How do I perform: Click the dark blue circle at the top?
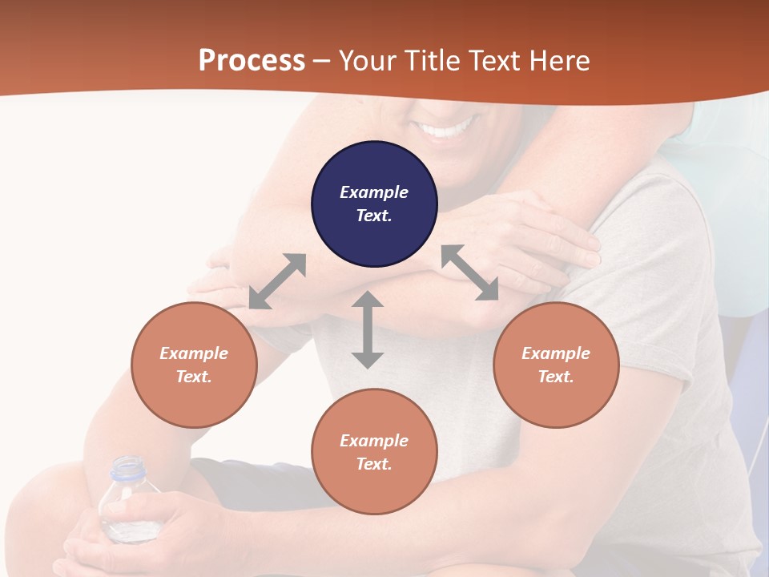pyautogui.click(x=374, y=204)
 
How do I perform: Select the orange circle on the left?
pyautogui.click(x=194, y=365)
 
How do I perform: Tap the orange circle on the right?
pyautogui.click(x=556, y=365)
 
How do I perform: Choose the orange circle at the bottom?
pyautogui.click(x=374, y=451)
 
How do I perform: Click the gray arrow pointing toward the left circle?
pyautogui.click(x=277, y=281)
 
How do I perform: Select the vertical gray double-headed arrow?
pyautogui.click(x=368, y=329)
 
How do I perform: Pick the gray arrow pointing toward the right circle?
pyautogui.click(x=469, y=272)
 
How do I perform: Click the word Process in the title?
pyautogui.click(x=252, y=61)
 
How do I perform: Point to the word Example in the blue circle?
pyautogui.click(x=374, y=192)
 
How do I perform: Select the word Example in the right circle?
pyautogui.click(x=556, y=353)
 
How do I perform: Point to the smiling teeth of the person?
pyautogui.click(x=449, y=128)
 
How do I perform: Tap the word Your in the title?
pyautogui.click(x=365, y=61)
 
